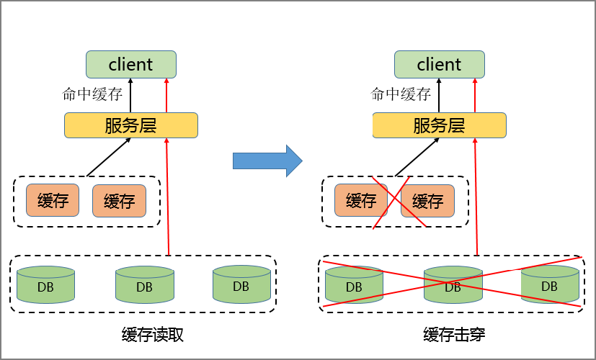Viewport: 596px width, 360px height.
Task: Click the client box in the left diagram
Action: pyautogui.click(x=130, y=64)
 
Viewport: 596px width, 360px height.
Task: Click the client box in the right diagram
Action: pyautogui.click(x=439, y=64)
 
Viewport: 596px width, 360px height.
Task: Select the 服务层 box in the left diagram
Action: pyautogui.click(x=130, y=125)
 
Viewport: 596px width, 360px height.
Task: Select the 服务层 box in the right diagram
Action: pyautogui.click(x=439, y=125)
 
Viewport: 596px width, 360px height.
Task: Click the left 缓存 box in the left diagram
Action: pyautogui.click(x=53, y=201)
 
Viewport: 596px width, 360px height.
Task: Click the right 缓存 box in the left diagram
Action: pyautogui.click(x=119, y=201)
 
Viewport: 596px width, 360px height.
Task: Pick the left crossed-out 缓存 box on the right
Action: pyautogui.click(x=361, y=201)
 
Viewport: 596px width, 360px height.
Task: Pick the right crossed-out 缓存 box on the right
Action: pyautogui.click(x=427, y=201)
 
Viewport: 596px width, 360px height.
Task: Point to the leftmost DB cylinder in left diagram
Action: pyautogui.click(x=45, y=284)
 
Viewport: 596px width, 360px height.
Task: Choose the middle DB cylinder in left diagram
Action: pyautogui.click(x=144, y=285)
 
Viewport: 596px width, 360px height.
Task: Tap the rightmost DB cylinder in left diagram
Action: pyautogui.click(x=241, y=284)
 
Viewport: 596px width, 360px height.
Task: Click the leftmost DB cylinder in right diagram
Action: pyautogui.click(x=353, y=285)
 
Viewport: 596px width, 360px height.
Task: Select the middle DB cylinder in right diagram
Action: pyautogui.click(x=452, y=285)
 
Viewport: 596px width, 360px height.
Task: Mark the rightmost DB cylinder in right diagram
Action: pyautogui.click(x=549, y=284)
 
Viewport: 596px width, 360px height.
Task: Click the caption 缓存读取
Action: pyautogui.click(x=154, y=335)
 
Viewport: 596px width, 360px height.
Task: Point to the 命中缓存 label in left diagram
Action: pyautogui.click(x=93, y=94)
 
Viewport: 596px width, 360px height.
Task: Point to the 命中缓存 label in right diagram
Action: pyautogui.click(x=401, y=94)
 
